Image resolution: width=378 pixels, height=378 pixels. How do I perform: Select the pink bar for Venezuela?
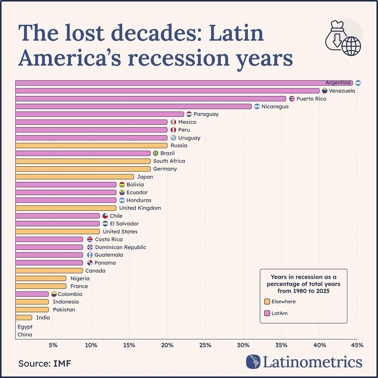point(166,91)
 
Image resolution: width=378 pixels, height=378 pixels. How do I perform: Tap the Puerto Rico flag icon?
point(292,99)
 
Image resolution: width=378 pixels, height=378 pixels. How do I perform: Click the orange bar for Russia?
point(91,146)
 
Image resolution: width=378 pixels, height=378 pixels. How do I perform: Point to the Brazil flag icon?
point(155,153)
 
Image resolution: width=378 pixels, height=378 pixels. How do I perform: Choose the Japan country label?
point(145,177)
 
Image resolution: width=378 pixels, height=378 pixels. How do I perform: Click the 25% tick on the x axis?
point(205,345)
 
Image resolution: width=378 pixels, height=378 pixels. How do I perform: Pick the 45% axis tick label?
point(357,345)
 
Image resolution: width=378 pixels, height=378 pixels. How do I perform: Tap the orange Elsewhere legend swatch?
point(267,302)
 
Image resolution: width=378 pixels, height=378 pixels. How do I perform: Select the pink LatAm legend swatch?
point(267,313)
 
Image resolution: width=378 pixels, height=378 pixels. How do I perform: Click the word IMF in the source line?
point(62,364)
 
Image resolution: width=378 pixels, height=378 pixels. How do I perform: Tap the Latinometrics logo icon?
point(253,362)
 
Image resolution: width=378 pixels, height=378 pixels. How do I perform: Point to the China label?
point(25,335)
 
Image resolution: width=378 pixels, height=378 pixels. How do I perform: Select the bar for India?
point(23,318)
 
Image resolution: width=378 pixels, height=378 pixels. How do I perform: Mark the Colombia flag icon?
point(54,294)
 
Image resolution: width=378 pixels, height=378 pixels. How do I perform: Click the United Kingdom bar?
point(66,208)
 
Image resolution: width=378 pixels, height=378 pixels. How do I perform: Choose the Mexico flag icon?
point(174,122)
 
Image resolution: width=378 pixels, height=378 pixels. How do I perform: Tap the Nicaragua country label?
point(275,107)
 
